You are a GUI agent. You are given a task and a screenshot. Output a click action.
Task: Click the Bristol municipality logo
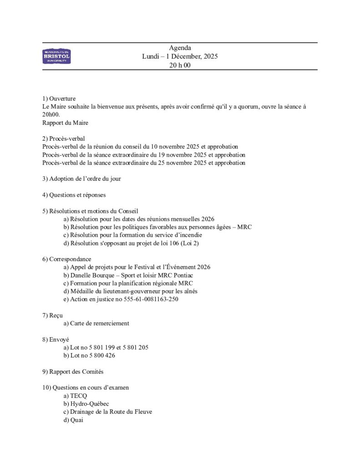56,56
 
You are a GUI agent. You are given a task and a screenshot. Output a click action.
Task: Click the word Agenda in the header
180,48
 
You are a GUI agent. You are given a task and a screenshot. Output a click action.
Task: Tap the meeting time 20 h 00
180,66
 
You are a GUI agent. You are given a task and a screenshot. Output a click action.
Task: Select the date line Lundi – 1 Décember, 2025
180,57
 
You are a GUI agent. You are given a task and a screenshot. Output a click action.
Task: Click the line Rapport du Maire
65,122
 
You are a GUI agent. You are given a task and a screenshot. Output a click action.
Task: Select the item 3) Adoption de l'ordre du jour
81,179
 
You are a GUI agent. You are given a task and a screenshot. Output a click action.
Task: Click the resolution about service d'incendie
132,235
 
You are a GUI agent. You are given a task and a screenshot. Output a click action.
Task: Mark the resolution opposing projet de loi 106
131,243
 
